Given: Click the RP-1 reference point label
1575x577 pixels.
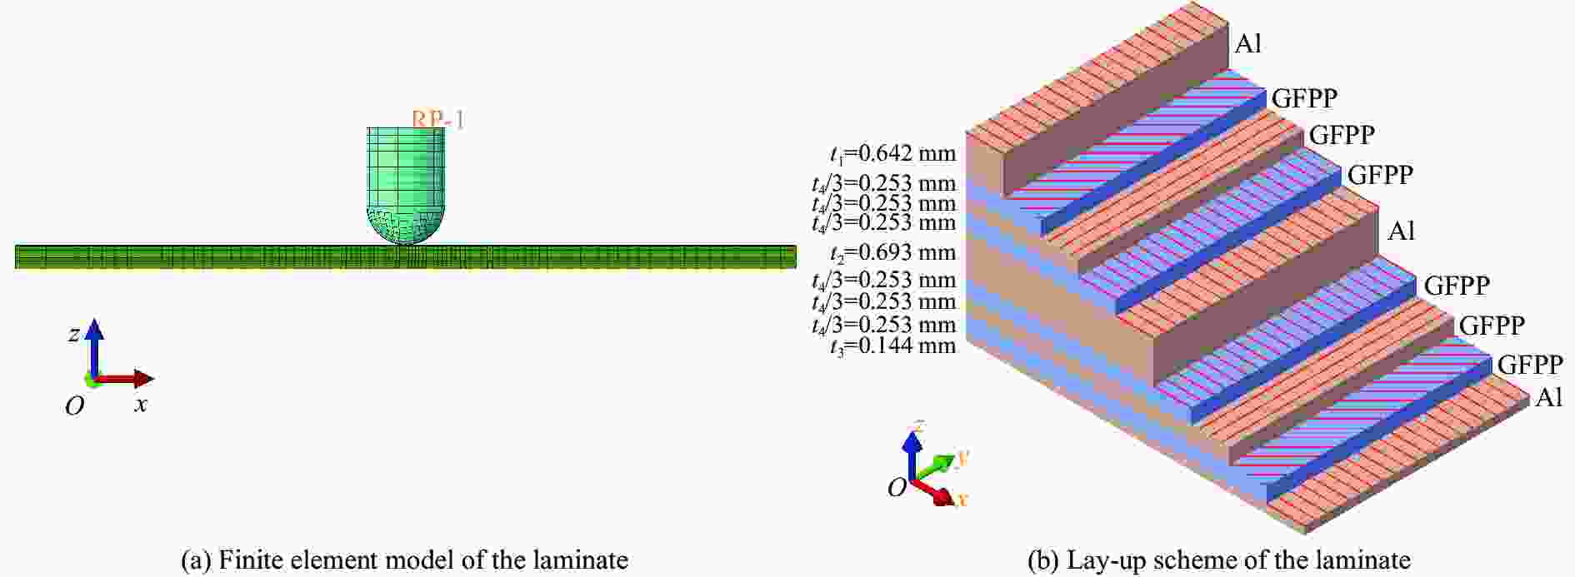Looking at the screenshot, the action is (x=437, y=119).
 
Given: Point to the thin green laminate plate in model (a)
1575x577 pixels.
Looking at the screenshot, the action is (x=405, y=256).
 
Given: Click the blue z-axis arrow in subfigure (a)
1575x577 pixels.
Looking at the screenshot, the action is (x=94, y=348).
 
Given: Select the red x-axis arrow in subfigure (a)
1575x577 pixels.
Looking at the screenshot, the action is (x=125, y=380).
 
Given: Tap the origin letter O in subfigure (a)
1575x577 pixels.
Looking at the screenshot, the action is (x=75, y=405).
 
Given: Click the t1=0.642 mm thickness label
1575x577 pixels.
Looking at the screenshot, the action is (x=892, y=154).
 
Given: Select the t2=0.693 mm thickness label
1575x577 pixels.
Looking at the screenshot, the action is (x=892, y=252).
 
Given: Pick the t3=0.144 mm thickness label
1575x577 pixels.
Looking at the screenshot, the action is (x=892, y=346).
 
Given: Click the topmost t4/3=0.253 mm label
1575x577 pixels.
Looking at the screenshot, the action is (x=884, y=183).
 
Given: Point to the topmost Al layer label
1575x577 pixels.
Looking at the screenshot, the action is (x=1247, y=43).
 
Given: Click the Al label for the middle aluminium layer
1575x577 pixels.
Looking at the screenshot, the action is (x=1401, y=231).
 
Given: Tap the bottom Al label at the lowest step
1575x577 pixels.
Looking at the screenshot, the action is (x=1548, y=398).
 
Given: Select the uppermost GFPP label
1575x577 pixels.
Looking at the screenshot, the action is (x=1304, y=98).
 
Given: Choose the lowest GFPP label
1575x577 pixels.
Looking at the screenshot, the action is (x=1530, y=365).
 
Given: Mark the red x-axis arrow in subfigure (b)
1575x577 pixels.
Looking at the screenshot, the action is (x=933, y=491).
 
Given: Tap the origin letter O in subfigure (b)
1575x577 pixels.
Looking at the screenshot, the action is (x=897, y=488).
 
